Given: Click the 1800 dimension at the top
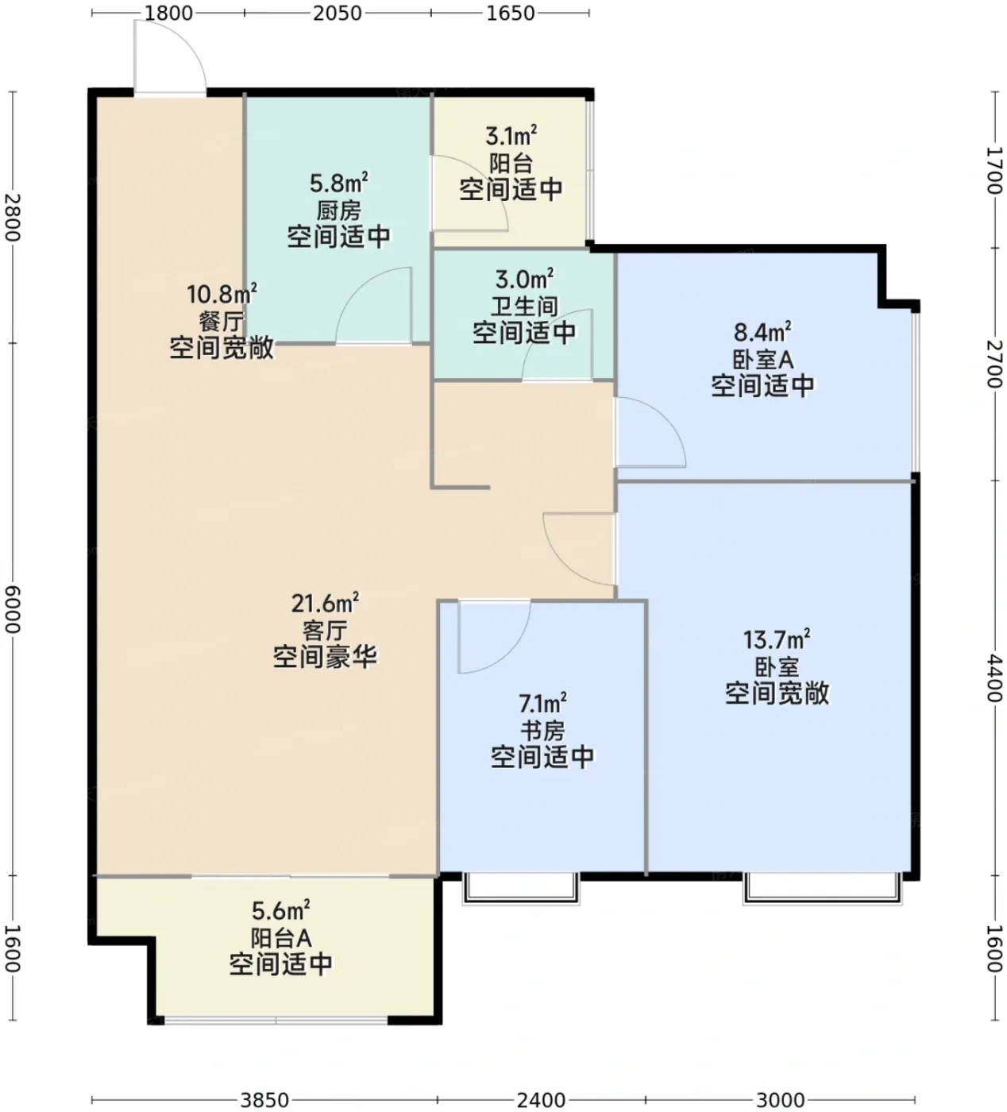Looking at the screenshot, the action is (x=168, y=13).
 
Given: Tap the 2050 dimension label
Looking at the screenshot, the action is (x=338, y=13).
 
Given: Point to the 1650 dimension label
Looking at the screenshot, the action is (x=510, y=13).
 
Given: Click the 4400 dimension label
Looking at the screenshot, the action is (x=995, y=678).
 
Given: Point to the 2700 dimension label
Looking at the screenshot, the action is (x=995, y=365).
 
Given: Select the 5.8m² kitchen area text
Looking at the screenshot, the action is (x=339, y=182).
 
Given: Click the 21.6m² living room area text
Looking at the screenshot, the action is (x=325, y=603).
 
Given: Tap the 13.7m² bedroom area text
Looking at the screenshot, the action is (x=777, y=639).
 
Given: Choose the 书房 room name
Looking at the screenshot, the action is (x=542, y=732).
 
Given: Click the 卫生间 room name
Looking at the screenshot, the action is (x=524, y=307).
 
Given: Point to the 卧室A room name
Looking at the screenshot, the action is (x=763, y=361).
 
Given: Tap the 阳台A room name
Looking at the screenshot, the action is (x=280, y=939).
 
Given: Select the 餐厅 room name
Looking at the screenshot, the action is (x=222, y=322).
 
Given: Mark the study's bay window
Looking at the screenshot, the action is (x=521, y=889).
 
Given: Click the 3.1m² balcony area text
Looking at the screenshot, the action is (x=511, y=135).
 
